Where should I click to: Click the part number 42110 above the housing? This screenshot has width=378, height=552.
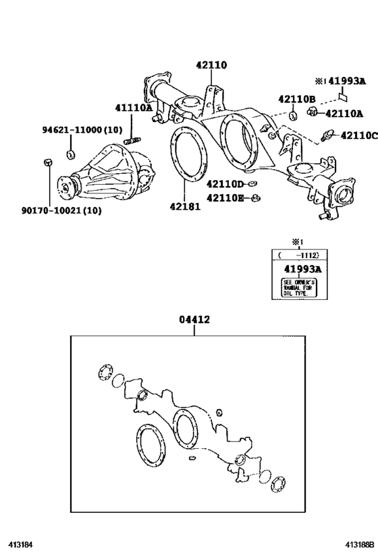(x=211, y=66)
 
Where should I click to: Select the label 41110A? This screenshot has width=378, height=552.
(x=133, y=108)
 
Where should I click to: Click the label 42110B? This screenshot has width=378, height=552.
(x=297, y=99)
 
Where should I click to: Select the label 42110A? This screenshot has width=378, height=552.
(x=345, y=113)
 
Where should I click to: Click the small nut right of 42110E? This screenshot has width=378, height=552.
(x=256, y=198)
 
